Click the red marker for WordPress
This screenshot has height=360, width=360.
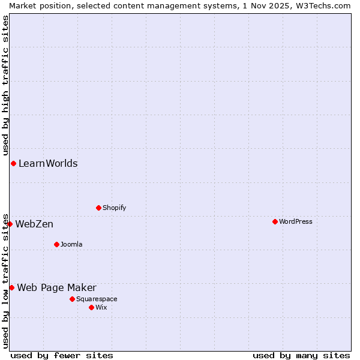coord(275,221)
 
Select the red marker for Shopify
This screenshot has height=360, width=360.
coord(98,208)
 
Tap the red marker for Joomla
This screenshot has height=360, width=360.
coord(56,244)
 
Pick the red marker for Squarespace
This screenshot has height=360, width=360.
coord(72,299)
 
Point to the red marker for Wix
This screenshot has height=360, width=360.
coord(91,307)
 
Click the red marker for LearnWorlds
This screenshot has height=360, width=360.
coord(13,163)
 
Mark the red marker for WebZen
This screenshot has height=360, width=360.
coord(10,224)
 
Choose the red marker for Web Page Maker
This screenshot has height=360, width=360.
coord(11,287)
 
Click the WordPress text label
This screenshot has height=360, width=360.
coord(296,221)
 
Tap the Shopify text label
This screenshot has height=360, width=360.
coord(115,208)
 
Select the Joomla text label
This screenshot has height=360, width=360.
coord(71,244)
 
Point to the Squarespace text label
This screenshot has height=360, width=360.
coord(97,299)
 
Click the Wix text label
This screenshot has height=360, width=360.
coord(101,307)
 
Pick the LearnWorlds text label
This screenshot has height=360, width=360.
coord(48,163)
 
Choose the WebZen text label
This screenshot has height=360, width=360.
coord(34,224)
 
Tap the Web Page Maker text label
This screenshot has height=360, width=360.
coord(56,287)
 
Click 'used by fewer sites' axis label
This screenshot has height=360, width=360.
coord(62,355)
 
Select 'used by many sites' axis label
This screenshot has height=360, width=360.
coord(301,355)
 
